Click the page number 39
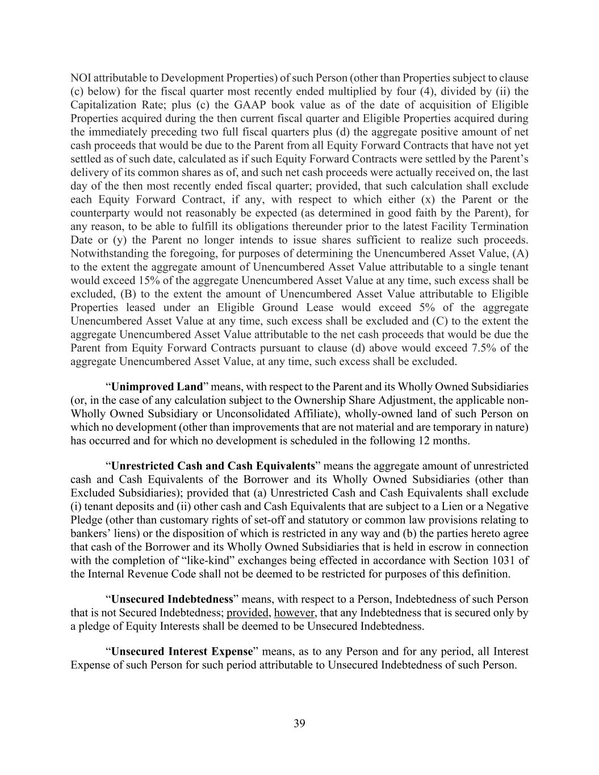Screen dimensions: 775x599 pos(299,723)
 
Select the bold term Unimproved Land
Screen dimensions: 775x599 pos(157,387)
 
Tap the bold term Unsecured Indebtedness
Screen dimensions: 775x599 pos(172,599)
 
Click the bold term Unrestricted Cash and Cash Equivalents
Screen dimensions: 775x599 pos(213,466)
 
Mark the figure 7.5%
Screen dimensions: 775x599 pos(484,348)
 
